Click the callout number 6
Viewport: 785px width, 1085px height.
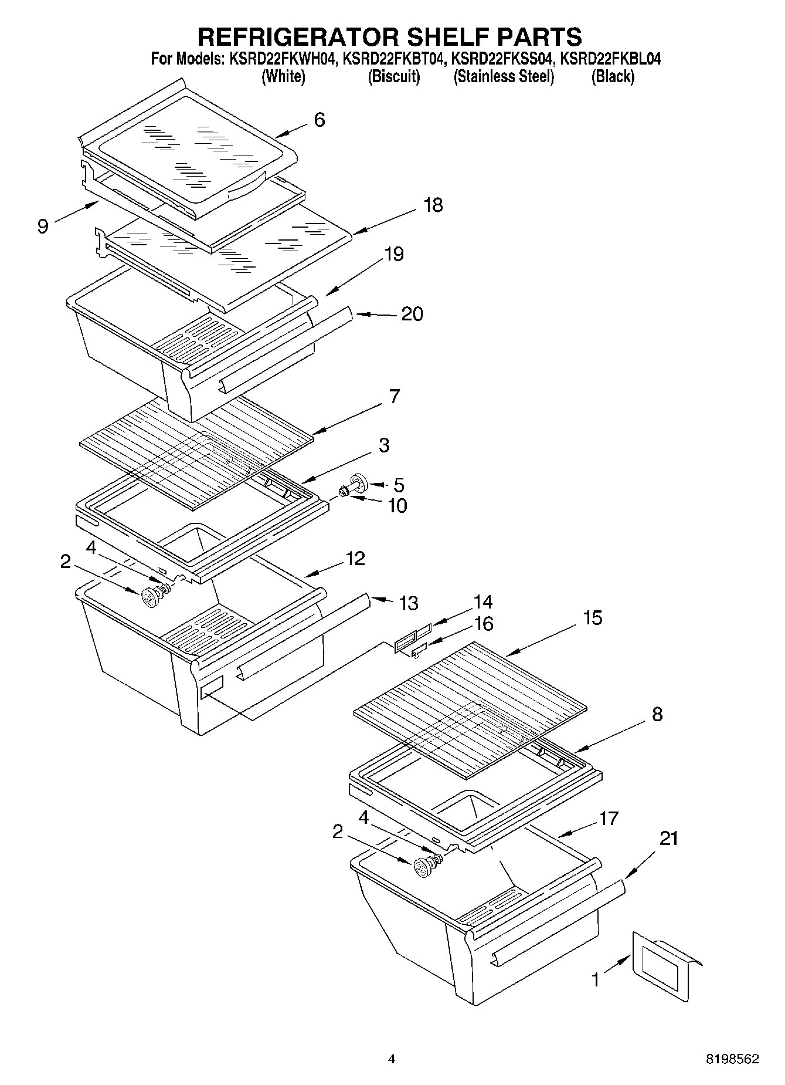point(320,120)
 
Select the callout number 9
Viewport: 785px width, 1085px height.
point(42,227)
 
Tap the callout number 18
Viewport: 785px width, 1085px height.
point(433,205)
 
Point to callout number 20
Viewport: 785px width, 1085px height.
point(412,314)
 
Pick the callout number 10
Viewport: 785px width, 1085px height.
point(397,505)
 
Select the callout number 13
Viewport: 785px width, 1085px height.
point(409,603)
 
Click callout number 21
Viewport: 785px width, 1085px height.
point(668,839)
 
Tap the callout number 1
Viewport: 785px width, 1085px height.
point(596,980)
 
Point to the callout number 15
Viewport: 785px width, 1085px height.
point(593,617)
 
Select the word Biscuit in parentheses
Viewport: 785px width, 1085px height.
point(394,77)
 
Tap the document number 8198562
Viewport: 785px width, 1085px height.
point(732,1059)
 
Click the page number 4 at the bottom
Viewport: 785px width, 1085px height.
point(392,1059)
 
